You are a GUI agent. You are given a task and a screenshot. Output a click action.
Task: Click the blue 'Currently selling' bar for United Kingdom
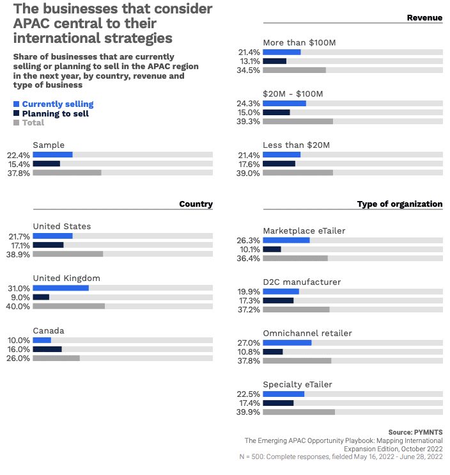pos(61,288)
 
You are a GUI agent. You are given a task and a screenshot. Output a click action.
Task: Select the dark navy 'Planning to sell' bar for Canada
pos(47,349)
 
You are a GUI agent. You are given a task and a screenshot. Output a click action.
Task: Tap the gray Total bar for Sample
pos(67,173)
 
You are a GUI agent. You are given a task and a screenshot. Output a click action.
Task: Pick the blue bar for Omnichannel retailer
pos(287,342)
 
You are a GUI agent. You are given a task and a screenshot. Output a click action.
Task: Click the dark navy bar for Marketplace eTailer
pos(272,249)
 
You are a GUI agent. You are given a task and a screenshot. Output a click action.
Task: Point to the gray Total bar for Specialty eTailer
pos(299,412)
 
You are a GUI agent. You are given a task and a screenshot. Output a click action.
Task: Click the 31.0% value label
pos(19,288)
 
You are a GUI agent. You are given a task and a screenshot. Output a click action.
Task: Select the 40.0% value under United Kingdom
pos(18,306)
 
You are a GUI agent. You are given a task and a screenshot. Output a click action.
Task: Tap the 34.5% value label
pos(248,70)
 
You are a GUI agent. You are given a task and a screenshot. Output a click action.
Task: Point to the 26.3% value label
pos(248,241)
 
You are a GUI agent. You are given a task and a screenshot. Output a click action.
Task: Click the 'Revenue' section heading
pos(424,18)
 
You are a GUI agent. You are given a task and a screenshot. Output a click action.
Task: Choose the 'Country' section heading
pos(196,204)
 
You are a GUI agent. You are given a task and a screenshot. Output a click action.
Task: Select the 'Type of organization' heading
pos(400,204)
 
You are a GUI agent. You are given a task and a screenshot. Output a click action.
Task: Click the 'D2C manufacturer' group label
pos(302,282)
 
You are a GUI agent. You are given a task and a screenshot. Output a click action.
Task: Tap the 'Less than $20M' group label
pos(297,145)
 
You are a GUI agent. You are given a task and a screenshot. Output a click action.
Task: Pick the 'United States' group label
pos(62,226)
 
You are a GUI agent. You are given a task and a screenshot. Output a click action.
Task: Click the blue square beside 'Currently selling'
pos(17,104)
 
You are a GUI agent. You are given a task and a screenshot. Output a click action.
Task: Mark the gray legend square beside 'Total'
pos(17,123)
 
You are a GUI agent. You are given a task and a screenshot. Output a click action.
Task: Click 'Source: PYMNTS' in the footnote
pos(415,432)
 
